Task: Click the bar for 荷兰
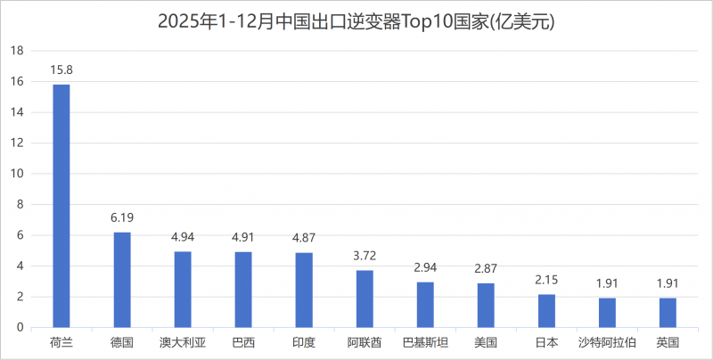click(x=61, y=206)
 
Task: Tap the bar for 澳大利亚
click(x=183, y=290)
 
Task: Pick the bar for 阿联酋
click(x=365, y=299)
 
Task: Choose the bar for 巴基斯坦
click(x=425, y=305)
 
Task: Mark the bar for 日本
click(x=546, y=311)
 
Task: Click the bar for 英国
click(x=668, y=313)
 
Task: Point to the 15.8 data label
click(x=61, y=69)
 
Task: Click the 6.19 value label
click(x=122, y=217)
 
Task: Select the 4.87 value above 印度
click(x=304, y=237)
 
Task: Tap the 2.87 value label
click(x=486, y=267)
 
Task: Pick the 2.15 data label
click(x=546, y=279)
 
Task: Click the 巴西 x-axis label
click(x=243, y=342)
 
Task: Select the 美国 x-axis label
click(x=486, y=342)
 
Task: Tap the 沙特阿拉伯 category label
click(x=607, y=342)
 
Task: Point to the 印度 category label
click(x=304, y=342)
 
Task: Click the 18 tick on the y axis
click(x=15, y=51)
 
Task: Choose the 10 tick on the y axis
click(x=15, y=174)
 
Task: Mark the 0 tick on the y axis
click(x=18, y=327)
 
